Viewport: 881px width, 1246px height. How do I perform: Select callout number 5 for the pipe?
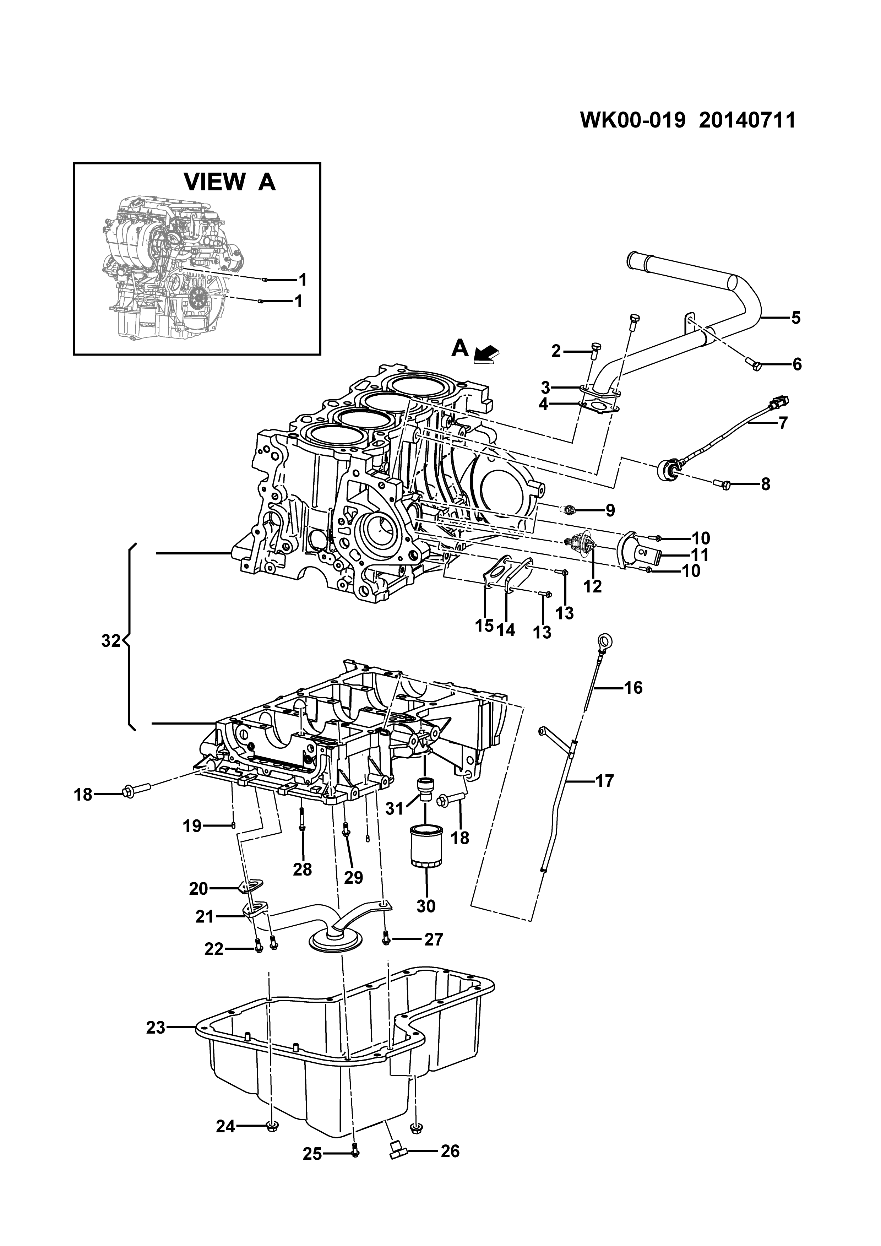(x=796, y=318)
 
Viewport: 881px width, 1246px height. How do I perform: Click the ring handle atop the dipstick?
(x=603, y=641)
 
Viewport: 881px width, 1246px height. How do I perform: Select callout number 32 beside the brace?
(x=111, y=641)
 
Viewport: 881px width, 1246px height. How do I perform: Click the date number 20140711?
(x=747, y=120)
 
